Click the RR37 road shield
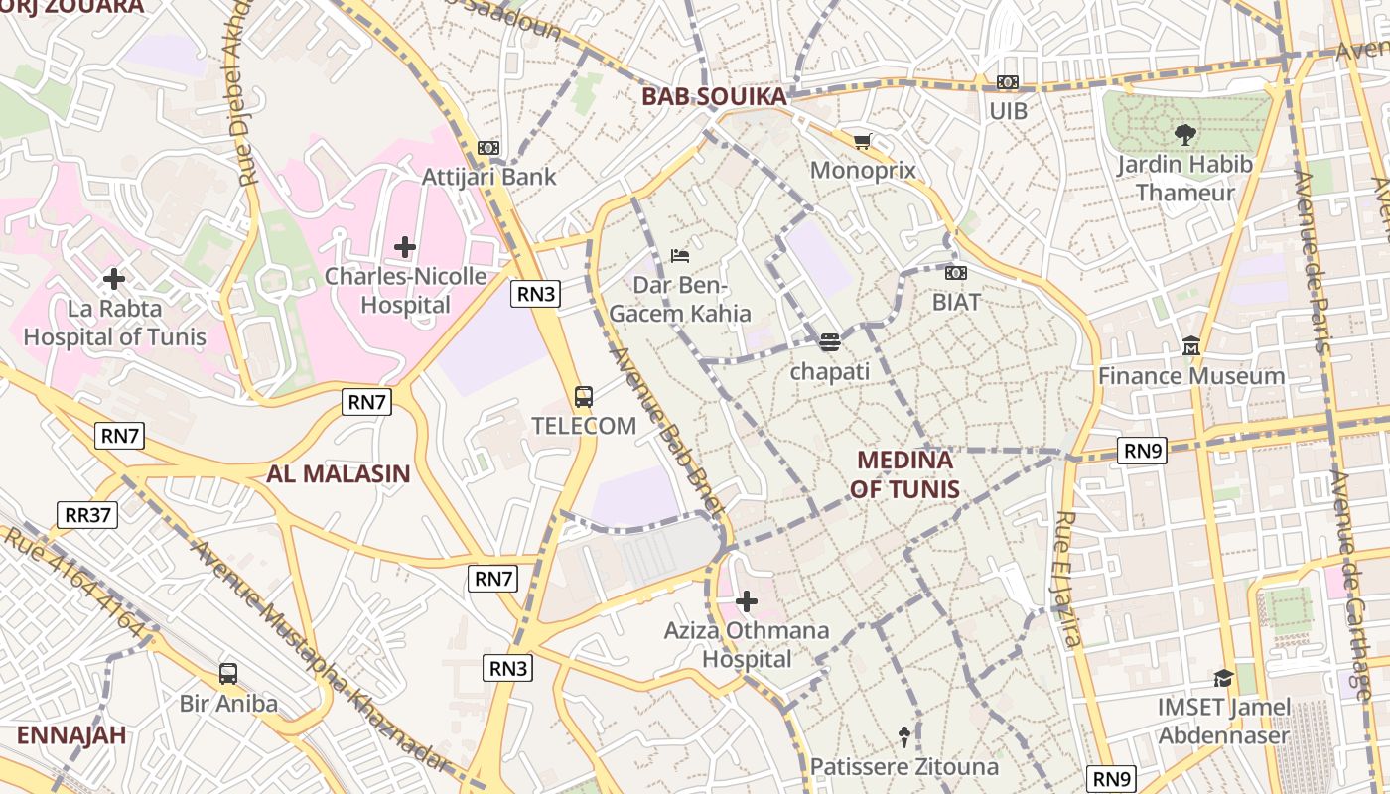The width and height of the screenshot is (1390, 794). pyautogui.click(x=88, y=515)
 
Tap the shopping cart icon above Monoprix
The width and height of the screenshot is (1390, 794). pyautogui.click(x=862, y=142)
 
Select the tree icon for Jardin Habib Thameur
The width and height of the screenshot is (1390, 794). pyautogui.click(x=1184, y=134)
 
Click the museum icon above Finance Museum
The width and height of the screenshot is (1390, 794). pyautogui.click(x=1191, y=346)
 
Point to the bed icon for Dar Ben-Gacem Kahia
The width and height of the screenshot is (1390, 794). pyautogui.click(x=680, y=256)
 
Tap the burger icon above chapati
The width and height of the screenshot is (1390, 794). pyautogui.click(x=830, y=342)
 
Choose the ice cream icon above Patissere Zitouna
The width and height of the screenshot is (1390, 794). pyautogui.click(x=904, y=736)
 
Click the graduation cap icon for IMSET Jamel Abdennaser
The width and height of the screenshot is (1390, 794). pyautogui.click(x=1223, y=678)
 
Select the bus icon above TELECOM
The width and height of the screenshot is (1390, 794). pyautogui.click(x=584, y=397)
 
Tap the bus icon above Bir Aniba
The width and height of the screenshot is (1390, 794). pyautogui.click(x=228, y=674)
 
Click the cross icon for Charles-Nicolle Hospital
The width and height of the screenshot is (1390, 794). pyautogui.click(x=405, y=246)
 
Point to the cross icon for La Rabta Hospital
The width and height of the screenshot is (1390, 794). pyautogui.click(x=114, y=279)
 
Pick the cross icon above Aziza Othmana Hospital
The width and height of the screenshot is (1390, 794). pyautogui.click(x=747, y=601)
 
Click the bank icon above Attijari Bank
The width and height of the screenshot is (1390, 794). pyautogui.click(x=487, y=148)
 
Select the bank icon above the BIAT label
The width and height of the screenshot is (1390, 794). pyautogui.click(x=956, y=273)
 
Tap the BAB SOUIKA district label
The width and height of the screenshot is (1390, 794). pyautogui.click(x=714, y=96)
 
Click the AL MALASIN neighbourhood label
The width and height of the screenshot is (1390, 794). pyautogui.click(x=338, y=473)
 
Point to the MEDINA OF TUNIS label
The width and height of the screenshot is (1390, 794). pyautogui.click(x=904, y=474)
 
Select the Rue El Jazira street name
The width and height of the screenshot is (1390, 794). pyautogui.click(x=1067, y=580)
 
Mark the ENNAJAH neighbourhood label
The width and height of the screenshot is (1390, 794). pyautogui.click(x=71, y=735)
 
